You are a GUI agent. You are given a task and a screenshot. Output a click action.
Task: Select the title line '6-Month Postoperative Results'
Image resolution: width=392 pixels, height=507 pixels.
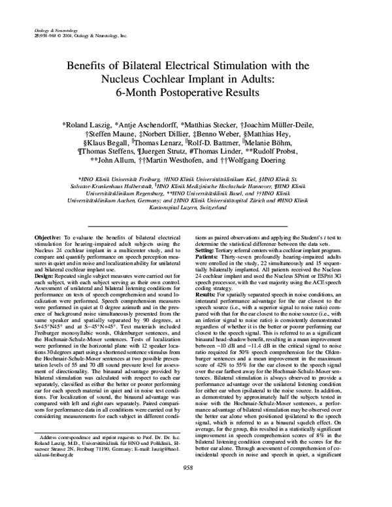195,93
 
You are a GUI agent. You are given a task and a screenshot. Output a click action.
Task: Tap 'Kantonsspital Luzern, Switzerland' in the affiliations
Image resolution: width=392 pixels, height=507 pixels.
195,207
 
